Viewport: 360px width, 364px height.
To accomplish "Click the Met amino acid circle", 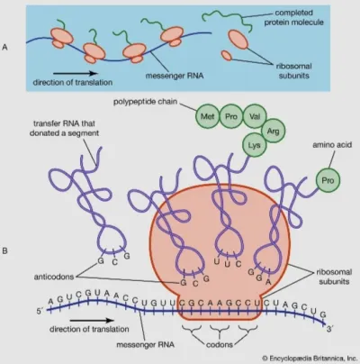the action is [207, 116].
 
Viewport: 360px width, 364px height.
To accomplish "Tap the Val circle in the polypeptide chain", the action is [255, 116].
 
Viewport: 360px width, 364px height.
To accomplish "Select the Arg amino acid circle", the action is [273, 131].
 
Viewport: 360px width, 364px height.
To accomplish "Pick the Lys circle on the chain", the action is [254, 145].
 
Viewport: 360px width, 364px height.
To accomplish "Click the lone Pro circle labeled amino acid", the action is [328, 180].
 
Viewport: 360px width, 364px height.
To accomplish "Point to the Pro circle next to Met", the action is [231, 116].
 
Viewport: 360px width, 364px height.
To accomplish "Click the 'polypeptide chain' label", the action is [145, 102].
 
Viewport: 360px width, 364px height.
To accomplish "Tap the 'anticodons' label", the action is [54, 277].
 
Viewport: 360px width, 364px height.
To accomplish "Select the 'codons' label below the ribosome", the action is [220, 344].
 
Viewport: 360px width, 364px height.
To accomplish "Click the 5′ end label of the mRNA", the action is [40, 312].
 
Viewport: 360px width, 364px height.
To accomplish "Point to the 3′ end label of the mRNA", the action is [329, 329].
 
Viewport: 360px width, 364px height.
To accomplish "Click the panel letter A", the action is [4, 47].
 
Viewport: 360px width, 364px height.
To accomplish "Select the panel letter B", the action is [4, 250].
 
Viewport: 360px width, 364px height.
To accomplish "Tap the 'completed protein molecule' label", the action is [293, 17].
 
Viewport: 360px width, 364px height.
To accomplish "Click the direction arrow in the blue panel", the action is [76, 73].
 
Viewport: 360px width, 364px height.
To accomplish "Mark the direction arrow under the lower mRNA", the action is [93, 321].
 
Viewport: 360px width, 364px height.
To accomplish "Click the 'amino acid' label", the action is [332, 145].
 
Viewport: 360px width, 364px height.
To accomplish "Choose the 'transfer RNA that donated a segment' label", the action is [64, 128].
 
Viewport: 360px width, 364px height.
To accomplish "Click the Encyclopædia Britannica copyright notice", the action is [309, 358].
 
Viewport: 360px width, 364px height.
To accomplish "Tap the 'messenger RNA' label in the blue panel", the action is [175, 76].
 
